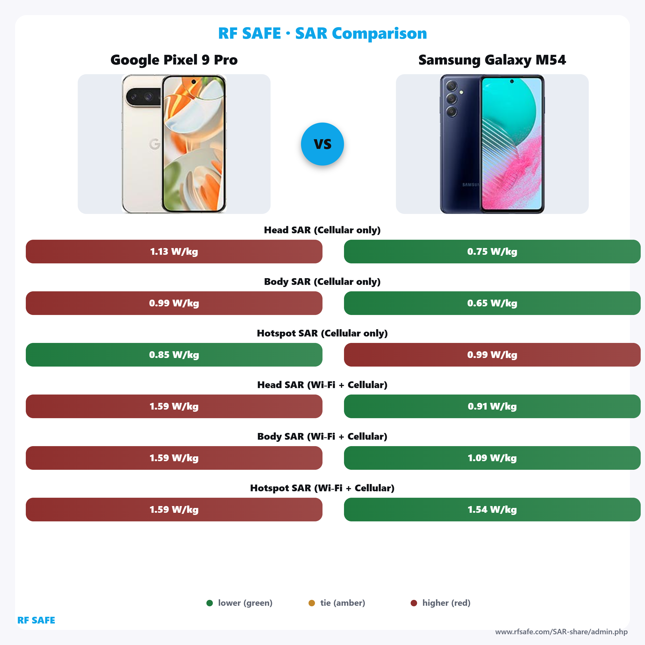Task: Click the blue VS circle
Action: click(x=322, y=144)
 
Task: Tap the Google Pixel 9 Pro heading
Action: click(x=174, y=60)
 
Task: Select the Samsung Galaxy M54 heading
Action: click(x=492, y=60)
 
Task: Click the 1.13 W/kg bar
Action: click(x=174, y=251)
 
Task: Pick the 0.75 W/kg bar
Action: click(x=492, y=251)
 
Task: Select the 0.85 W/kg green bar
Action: click(x=174, y=354)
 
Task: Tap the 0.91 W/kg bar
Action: click(x=492, y=406)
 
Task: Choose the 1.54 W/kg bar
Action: click(x=492, y=510)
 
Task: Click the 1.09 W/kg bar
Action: click(x=492, y=458)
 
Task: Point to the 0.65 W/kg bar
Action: click(x=492, y=303)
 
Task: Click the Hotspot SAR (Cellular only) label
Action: click(x=322, y=333)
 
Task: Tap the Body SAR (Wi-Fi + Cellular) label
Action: click(x=322, y=436)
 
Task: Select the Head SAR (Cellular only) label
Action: click(x=322, y=230)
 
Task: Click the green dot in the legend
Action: click(x=210, y=603)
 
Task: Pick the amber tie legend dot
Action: click(x=312, y=603)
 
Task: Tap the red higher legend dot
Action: click(x=414, y=603)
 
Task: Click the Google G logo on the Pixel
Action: click(x=155, y=144)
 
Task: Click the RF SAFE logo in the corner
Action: click(x=36, y=620)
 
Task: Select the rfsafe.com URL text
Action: click(x=561, y=632)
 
